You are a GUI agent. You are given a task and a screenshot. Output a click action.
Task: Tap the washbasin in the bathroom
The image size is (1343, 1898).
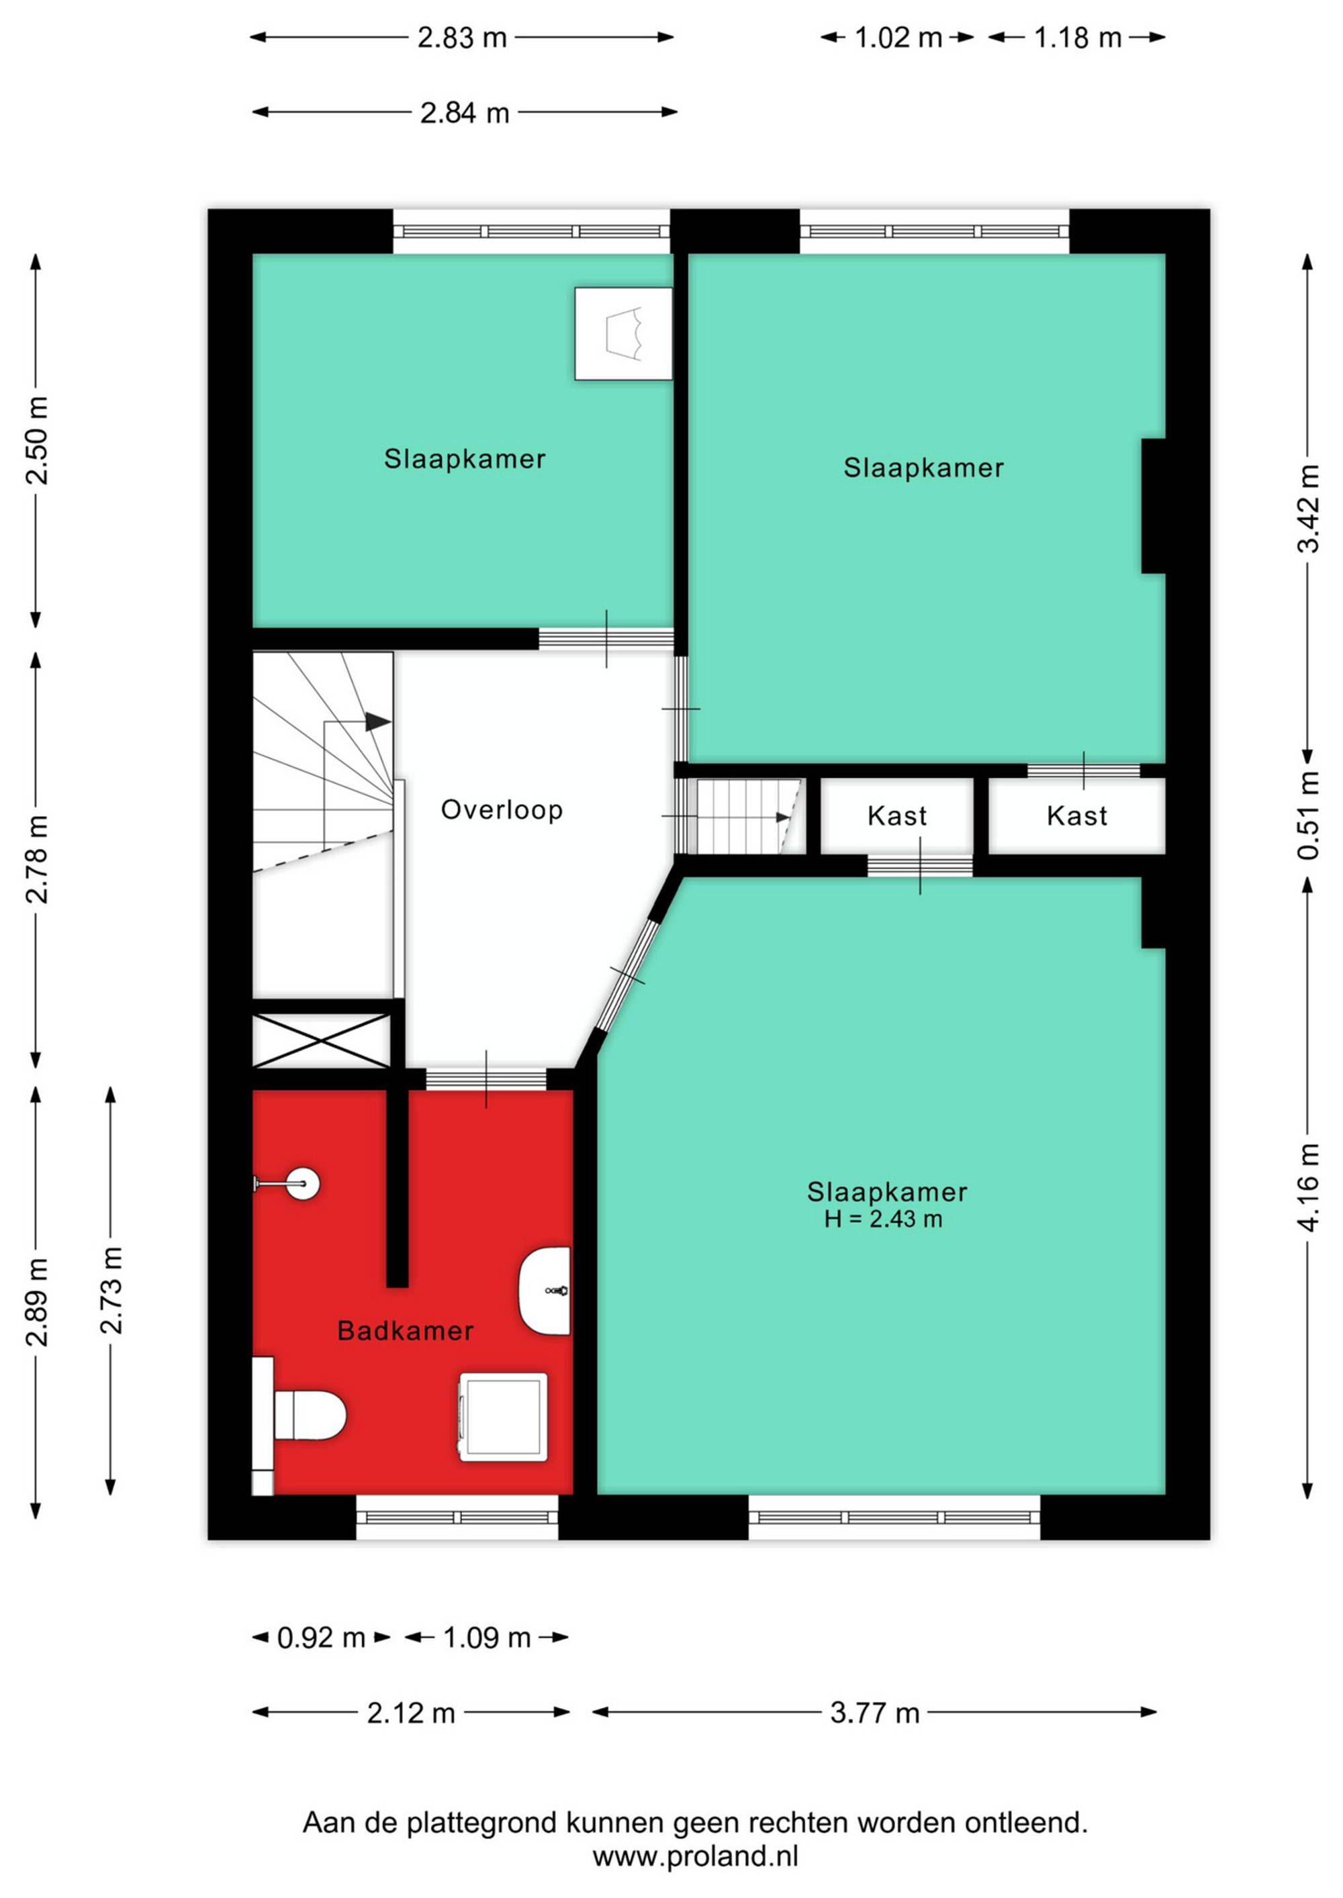[544, 1291]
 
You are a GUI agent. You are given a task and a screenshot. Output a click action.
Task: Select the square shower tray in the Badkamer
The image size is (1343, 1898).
[503, 1417]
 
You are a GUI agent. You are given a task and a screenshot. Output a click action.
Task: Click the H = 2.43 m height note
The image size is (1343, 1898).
[882, 1219]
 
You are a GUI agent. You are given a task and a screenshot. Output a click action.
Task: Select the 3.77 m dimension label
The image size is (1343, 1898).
[874, 1712]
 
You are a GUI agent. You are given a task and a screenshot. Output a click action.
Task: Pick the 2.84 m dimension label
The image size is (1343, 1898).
[464, 113]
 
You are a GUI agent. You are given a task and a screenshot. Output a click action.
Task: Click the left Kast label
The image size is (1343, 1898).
[896, 817]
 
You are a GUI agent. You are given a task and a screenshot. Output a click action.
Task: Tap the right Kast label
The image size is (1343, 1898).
[1076, 817]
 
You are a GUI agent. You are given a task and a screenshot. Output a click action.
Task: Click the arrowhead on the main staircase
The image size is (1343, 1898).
[378, 721]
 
